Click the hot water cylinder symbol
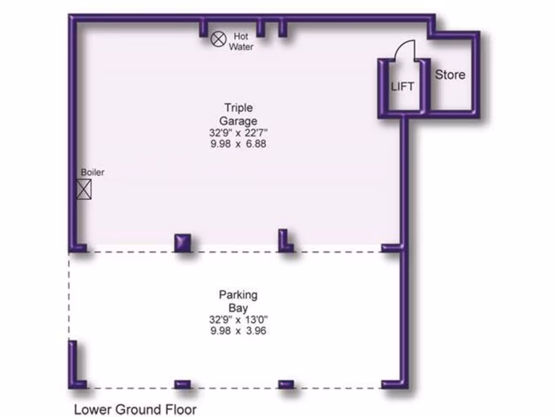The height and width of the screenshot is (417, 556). coord(218,38)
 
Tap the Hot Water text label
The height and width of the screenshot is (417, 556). coord(241,41)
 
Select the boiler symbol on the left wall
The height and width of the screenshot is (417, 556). coord(84,189)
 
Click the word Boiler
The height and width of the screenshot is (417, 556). coord(92,173)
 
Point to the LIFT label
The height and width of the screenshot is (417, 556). coord(402,86)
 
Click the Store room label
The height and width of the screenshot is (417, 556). coord(450,75)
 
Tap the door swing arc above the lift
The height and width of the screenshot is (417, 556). coord(404,50)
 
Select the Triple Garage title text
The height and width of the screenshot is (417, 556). coord(238,114)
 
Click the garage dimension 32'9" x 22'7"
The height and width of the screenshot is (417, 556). coord(238,133)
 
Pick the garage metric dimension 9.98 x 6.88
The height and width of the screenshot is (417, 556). coord(238,144)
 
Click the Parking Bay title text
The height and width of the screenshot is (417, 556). coord(238,301)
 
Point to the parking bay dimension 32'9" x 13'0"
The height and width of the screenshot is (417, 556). coord(238,320)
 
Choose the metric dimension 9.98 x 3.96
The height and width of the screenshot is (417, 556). coord(238,331)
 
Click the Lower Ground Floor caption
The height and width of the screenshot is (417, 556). coord(135,409)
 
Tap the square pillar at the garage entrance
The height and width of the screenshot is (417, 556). coord(182,242)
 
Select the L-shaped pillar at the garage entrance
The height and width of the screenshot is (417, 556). coord(285,242)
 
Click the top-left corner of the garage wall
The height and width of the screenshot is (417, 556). coord(72,18)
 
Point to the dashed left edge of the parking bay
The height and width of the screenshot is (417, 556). coord(69,296)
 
